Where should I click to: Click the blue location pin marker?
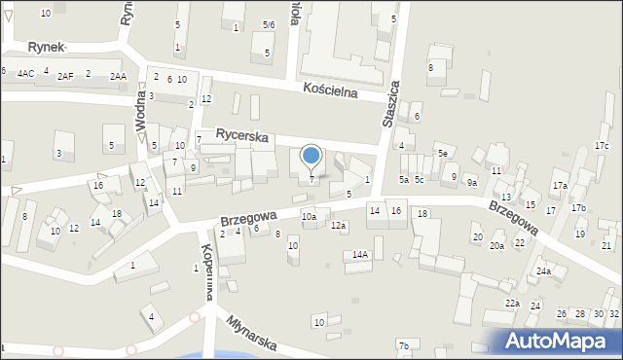click(311, 156)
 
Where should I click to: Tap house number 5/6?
click(269, 23)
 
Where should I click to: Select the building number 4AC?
click(25, 74)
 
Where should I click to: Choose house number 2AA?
click(118, 76)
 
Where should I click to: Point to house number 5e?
click(442, 154)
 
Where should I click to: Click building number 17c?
click(602, 146)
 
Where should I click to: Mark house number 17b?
click(578, 208)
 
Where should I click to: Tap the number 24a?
click(542, 271)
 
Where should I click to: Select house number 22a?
click(512, 304)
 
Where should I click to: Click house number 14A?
click(360, 255)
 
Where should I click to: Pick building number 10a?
click(309, 216)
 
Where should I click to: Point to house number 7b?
click(403, 346)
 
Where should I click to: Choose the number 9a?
click(471, 183)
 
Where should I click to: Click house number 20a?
click(496, 247)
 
